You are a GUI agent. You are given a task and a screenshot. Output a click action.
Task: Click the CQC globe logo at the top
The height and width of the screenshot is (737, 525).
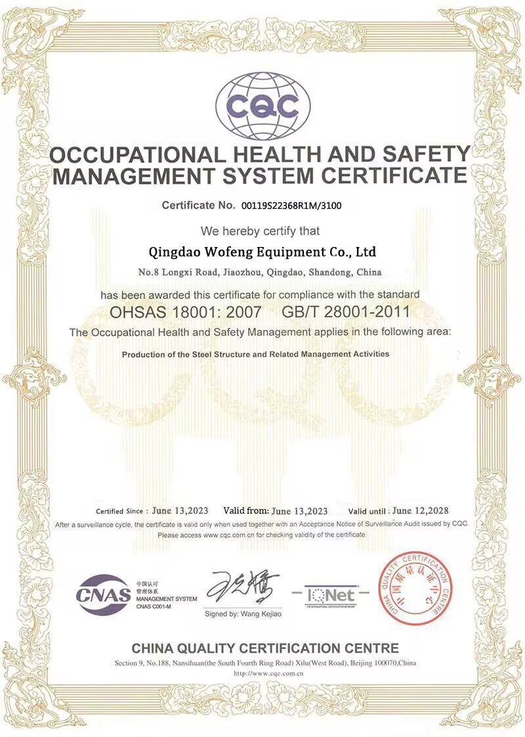point(262,105)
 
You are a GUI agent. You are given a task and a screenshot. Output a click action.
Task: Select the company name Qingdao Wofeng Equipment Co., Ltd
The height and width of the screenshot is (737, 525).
point(262,251)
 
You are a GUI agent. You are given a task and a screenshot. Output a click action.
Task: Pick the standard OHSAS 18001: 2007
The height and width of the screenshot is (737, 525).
point(186,311)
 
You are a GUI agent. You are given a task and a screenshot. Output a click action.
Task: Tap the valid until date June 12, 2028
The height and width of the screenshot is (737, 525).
point(421,510)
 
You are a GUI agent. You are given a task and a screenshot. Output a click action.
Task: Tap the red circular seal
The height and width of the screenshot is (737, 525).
point(415,587)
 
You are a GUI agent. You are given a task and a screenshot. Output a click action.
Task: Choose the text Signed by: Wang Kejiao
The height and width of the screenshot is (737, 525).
point(243,614)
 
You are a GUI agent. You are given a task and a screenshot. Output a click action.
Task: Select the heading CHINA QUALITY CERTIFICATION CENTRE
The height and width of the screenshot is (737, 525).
point(265,648)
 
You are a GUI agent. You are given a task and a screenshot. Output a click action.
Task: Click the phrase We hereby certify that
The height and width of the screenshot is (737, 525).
point(261,231)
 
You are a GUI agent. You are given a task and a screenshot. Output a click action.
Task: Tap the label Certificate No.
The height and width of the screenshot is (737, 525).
point(198,206)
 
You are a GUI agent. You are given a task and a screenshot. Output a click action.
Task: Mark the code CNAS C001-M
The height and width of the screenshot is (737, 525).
point(154,606)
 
